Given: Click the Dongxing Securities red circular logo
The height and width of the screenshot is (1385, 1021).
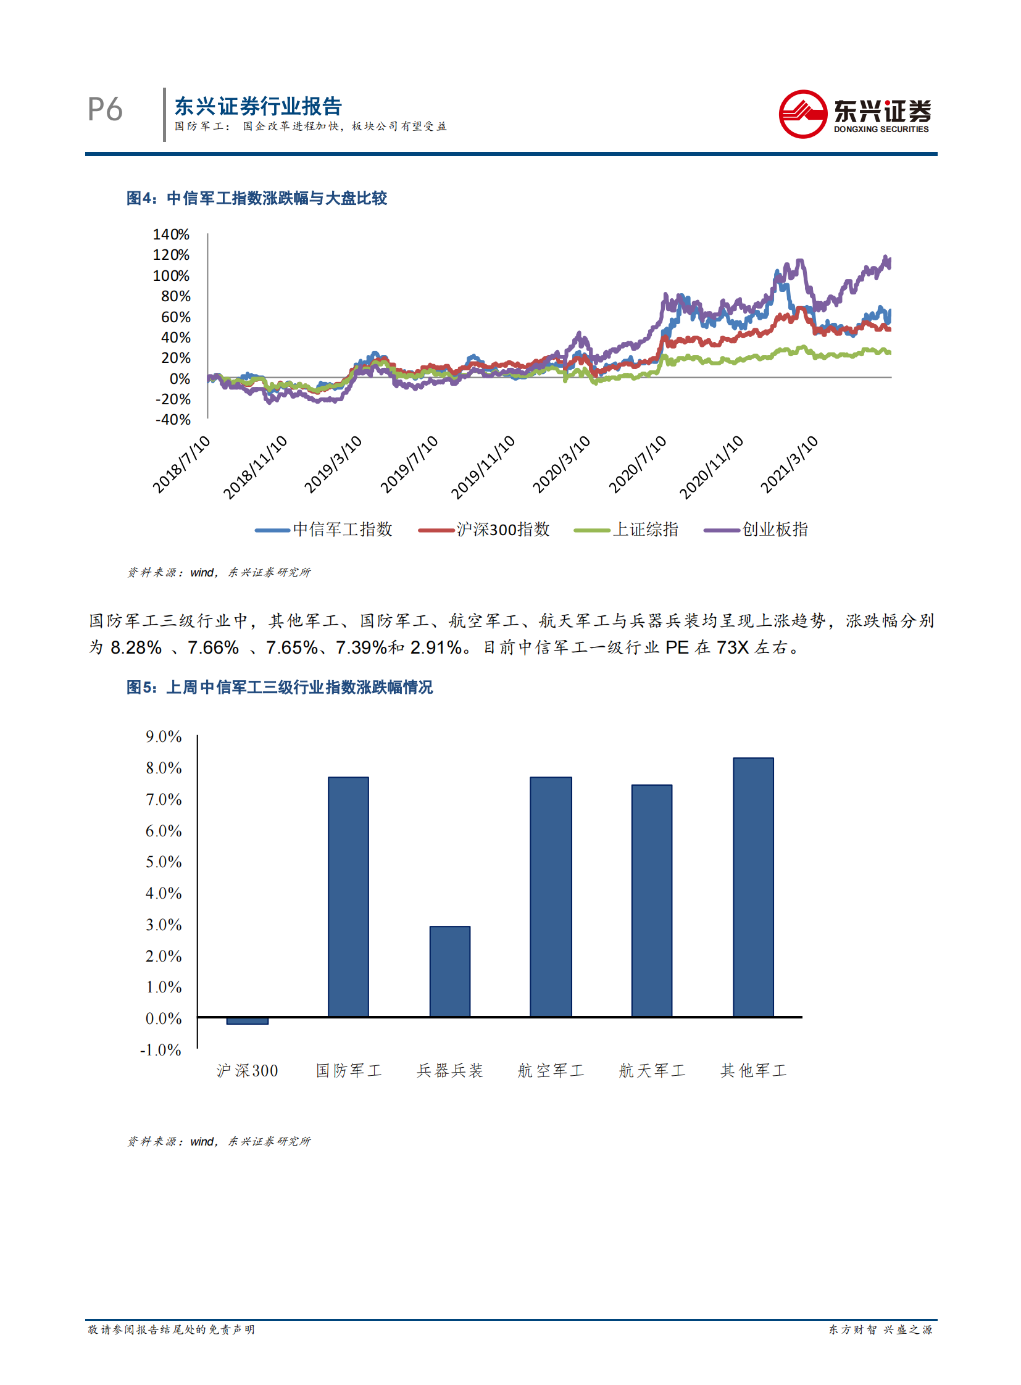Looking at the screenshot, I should [x=802, y=114].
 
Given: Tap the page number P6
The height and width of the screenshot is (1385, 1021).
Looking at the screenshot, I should [x=105, y=110].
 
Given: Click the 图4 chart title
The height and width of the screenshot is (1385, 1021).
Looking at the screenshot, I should [x=257, y=198].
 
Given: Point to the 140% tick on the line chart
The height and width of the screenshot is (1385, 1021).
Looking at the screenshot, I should [x=171, y=235].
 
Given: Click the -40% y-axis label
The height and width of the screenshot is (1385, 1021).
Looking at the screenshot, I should [x=172, y=420].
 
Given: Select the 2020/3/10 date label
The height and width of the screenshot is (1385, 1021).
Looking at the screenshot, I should [x=561, y=464].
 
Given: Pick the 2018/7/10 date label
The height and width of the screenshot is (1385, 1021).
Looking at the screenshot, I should [x=181, y=464].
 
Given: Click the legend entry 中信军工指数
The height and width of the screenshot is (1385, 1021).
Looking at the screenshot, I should [x=342, y=530].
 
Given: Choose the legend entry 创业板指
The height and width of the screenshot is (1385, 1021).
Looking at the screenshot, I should [x=775, y=530].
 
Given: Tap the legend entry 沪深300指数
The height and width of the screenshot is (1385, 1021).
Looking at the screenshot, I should [x=502, y=530].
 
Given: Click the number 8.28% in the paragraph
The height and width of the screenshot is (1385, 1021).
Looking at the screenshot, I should [x=136, y=647].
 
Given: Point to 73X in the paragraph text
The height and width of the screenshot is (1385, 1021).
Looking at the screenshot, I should [x=732, y=647].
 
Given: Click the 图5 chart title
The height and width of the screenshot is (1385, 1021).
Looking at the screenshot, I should [x=280, y=688].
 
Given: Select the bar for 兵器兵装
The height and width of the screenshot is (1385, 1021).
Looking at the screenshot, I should [x=450, y=971].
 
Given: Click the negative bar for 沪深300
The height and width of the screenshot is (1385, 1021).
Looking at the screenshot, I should [x=247, y=1021].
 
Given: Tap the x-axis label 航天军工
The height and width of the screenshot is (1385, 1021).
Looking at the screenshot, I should [x=652, y=1071].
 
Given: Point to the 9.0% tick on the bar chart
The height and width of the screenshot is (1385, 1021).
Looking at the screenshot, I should [x=164, y=737].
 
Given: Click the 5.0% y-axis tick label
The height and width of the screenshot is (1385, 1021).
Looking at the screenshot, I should [x=164, y=862].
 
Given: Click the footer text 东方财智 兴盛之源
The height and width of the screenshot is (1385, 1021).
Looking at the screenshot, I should [x=880, y=1329].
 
